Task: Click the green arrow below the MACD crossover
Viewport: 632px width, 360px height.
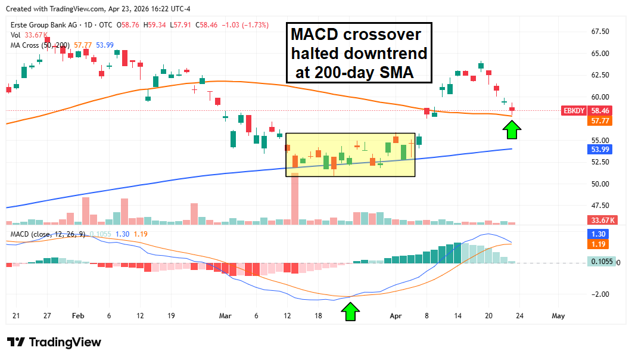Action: [351, 311]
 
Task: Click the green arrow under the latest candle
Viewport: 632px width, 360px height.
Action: [512, 129]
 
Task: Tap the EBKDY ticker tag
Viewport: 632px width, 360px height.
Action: [573, 111]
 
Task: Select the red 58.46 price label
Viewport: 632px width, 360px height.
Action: [599, 111]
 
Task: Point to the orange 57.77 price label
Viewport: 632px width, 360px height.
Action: [599, 121]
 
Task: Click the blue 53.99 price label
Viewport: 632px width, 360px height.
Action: [599, 149]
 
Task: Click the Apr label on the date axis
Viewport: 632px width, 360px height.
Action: [394, 316]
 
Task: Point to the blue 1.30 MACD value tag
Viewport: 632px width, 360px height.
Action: [597, 234]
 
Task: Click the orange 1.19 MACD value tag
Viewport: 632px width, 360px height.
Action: [597, 244]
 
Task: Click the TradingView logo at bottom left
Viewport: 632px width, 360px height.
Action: [54, 342]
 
